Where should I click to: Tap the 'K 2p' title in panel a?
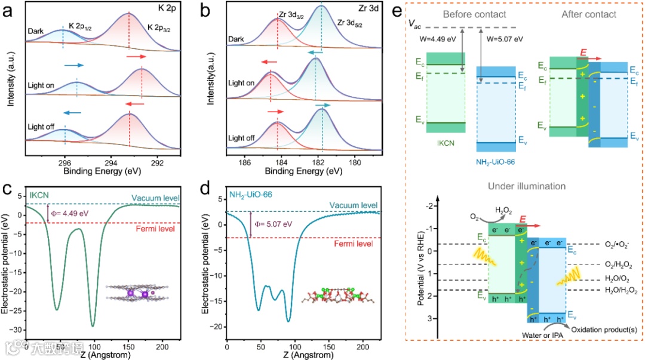pyautogui.click(x=174, y=11)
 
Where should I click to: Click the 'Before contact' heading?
pyautogui.click(x=466, y=13)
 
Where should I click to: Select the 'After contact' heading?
pyautogui.click(x=581, y=13)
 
